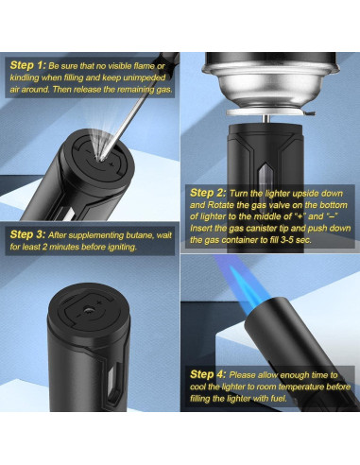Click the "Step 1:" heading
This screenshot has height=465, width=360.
(x=28, y=65)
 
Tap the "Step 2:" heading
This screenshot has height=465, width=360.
(x=208, y=193)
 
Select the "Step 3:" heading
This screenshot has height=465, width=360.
(x=28, y=234)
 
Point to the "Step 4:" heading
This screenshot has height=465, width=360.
(x=208, y=374)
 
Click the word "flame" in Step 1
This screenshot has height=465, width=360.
(x=144, y=66)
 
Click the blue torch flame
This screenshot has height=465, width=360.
(x=240, y=287)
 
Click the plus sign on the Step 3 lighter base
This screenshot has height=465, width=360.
(x=99, y=302)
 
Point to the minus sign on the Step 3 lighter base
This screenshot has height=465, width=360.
(x=77, y=315)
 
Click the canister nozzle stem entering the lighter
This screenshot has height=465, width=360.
(x=266, y=119)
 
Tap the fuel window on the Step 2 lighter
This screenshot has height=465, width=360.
(x=266, y=179)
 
